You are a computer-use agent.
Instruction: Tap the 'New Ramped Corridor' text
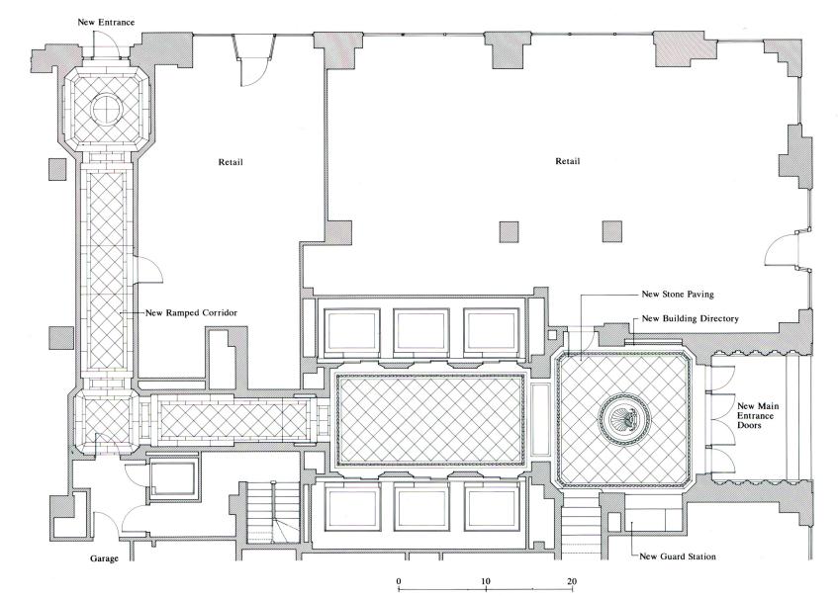[x=192, y=312]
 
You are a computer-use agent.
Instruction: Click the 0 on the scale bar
[x=398, y=579]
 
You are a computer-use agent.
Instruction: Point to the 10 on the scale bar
[x=485, y=579]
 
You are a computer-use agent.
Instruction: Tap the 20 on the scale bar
[x=572, y=579]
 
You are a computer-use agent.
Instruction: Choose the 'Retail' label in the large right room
[x=567, y=160]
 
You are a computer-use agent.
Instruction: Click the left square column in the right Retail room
[x=510, y=231]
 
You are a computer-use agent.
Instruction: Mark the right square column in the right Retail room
[x=614, y=231]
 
